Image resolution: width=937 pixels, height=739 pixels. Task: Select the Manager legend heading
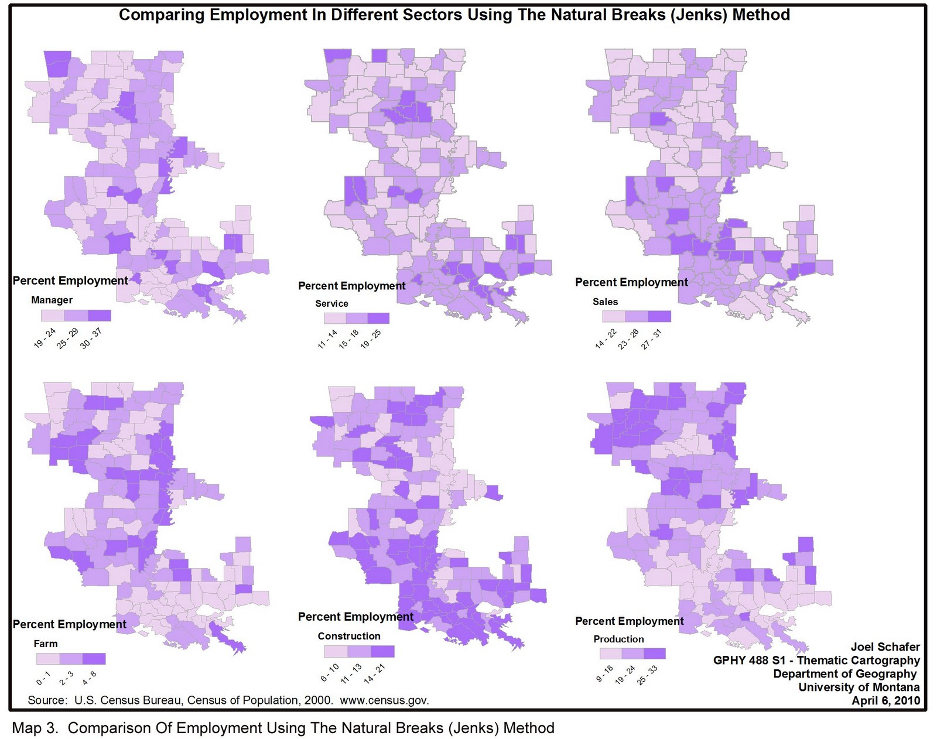pyautogui.click(x=52, y=300)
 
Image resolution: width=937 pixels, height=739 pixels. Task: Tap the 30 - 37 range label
pyautogui.click(x=91, y=338)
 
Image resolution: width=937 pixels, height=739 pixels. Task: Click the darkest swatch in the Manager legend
pyautogui.click(x=99, y=316)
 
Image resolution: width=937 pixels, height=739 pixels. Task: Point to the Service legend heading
pyautogui.click(x=331, y=303)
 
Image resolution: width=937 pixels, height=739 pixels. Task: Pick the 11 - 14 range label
pyautogui.click(x=327, y=340)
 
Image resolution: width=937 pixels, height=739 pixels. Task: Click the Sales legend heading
pyautogui.click(x=605, y=302)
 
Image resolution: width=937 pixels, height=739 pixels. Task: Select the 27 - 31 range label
pyautogui.click(x=651, y=340)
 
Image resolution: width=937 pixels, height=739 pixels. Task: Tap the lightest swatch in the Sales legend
pyautogui.click(x=614, y=316)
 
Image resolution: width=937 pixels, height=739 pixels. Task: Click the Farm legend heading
pyautogui.click(x=46, y=644)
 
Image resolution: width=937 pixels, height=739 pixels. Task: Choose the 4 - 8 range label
pyautogui.click(x=90, y=678)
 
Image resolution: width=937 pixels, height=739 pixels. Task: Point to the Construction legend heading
pyautogui.click(x=349, y=636)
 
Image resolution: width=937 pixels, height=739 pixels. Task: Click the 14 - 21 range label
pyautogui.click(x=375, y=674)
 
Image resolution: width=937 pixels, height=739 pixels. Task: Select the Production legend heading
pyautogui.click(x=618, y=639)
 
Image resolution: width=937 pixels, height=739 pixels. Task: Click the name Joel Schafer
pyautogui.click(x=885, y=647)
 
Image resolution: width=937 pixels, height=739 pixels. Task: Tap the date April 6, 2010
pyautogui.click(x=885, y=701)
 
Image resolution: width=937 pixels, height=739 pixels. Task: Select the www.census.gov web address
pyautogui.click(x=384, y=700)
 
